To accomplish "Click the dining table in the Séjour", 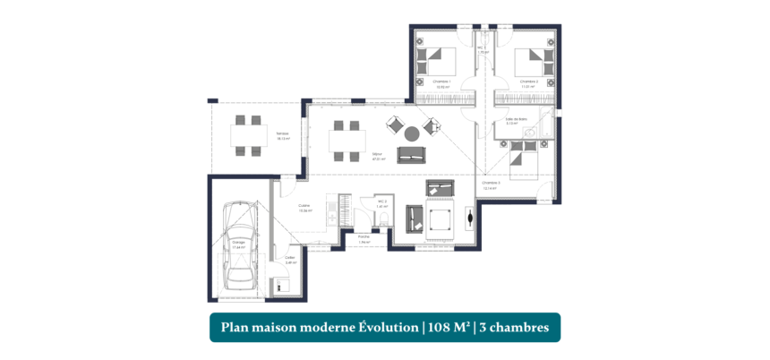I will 346,141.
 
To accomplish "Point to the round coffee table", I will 411,134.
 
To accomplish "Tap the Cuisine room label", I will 304,208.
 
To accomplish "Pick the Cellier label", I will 290,260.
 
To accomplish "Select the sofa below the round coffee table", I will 413,158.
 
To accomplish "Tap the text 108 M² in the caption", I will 446,328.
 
